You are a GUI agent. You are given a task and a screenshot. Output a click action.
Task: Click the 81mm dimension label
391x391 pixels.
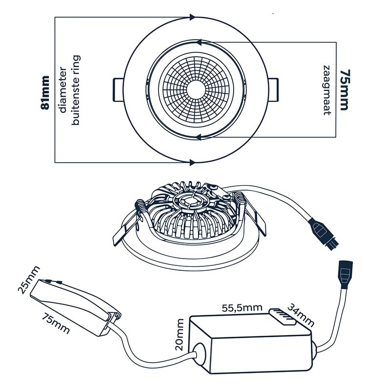coord(45,93)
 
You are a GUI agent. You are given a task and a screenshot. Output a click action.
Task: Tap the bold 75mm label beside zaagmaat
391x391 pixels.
coord(345,90)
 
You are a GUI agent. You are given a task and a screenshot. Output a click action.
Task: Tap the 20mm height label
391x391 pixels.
coord(179,334)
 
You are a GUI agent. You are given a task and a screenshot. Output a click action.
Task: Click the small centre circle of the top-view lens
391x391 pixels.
coord(197,89)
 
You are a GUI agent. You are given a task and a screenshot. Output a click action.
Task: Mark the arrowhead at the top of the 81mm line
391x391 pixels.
coord(191,17)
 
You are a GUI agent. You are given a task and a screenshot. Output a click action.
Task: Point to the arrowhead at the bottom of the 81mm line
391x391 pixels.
coord(191,162)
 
